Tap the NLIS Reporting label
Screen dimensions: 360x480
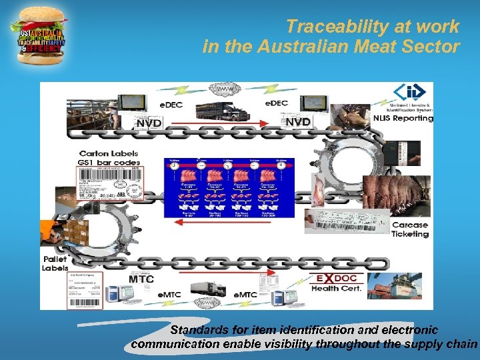[x=403, y=119]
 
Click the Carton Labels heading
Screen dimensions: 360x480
[x=109, y=153]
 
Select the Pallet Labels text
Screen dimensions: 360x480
[x=55, y=263]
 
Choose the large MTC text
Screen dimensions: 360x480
[x=141, y=279]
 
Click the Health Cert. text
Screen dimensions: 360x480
[x=337, y=288]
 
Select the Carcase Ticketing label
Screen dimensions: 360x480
[x=409, y=229]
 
